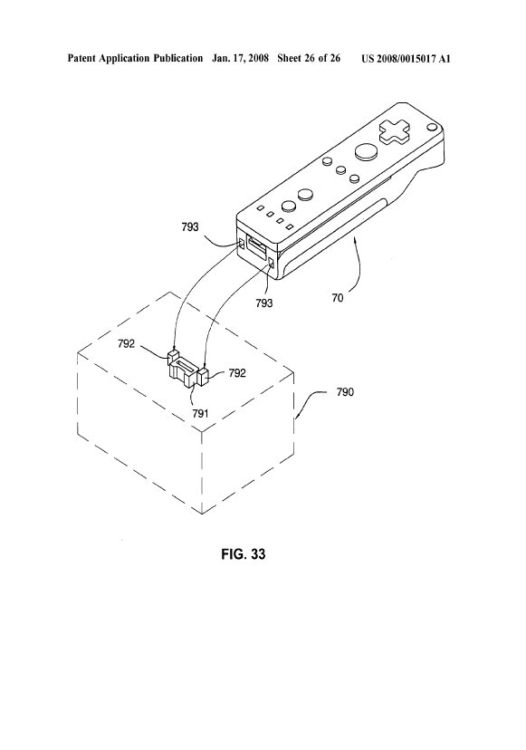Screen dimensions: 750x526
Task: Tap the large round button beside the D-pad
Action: pyautogui.click(x=366, y=149)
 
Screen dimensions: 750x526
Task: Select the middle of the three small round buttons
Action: pyautogui.click(x=340, y=169)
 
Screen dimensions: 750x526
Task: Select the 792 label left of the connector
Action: pyautogui.click(x=128, y=343)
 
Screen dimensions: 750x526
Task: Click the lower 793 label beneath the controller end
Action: pyautogui.click(x=263, y=303)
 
